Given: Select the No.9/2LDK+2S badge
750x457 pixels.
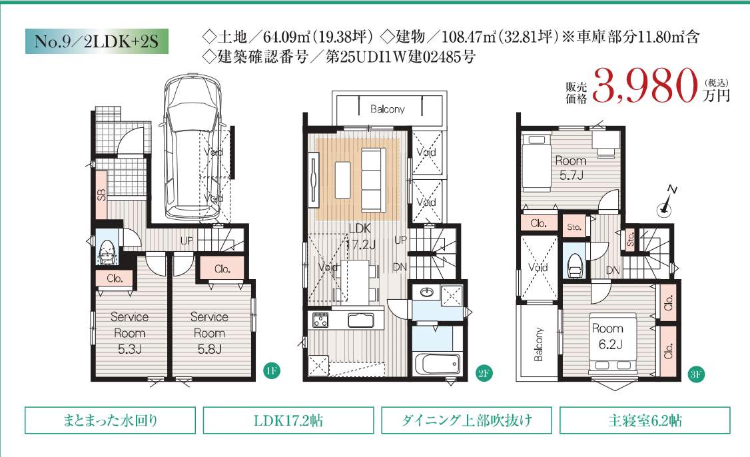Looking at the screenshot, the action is point(97,41).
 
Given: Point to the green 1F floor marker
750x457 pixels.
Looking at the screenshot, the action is point(271,370).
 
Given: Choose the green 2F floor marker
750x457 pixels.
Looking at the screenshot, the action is point(484,373).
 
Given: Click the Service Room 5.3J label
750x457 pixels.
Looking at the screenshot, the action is point(130,332).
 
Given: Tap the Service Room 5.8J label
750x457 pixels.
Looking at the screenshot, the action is point(210,332).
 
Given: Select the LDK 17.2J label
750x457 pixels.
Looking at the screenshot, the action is point(360,236).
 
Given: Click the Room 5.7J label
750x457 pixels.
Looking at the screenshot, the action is point(571,167).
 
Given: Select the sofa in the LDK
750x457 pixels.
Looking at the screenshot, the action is point(373,180).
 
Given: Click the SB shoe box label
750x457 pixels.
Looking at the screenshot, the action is point(101,195).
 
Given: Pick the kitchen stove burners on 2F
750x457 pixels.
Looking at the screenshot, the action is point(320,320).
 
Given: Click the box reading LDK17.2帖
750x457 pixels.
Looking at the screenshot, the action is point(288,420).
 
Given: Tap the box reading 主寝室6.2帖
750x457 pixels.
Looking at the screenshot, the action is point(645,420).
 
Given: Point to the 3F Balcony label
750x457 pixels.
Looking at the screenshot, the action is point(539,344).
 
